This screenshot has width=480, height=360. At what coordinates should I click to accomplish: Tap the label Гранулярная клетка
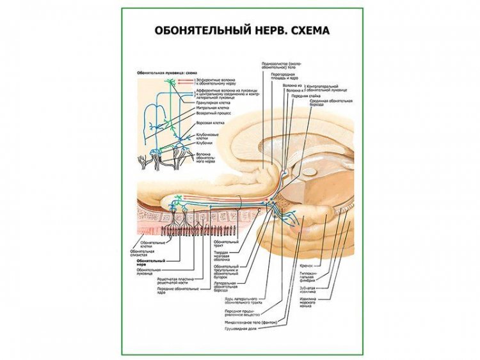point(212,102)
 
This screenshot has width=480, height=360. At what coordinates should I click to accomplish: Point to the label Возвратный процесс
point(212,114)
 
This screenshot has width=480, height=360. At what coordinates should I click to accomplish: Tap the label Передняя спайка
point(321,95)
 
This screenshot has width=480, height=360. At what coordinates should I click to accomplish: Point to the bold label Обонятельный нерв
point(151,262)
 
